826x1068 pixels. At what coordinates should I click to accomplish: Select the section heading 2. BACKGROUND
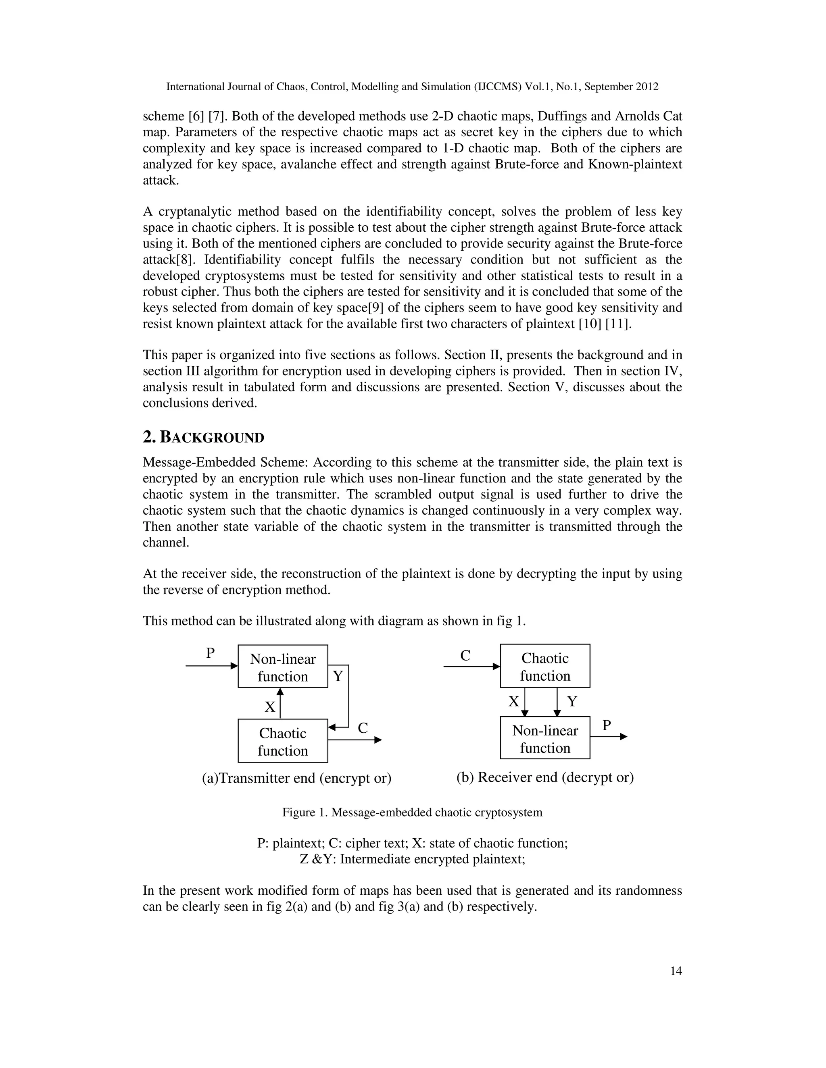tap(203, 437)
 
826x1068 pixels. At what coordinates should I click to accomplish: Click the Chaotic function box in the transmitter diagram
tap(283, 741)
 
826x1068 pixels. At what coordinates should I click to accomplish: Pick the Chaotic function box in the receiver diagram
tap(544, 667)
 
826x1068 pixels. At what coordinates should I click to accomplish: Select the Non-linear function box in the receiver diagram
tap(544, 738)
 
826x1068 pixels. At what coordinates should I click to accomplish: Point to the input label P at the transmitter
tap(211, 653)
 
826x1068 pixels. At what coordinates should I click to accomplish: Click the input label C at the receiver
tap(465, 656)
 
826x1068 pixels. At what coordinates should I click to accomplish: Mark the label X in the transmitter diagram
tap(270, 706)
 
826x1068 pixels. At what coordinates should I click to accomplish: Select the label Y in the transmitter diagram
tap(338, 676)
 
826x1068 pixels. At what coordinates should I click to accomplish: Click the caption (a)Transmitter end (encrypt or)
tap(296, 778)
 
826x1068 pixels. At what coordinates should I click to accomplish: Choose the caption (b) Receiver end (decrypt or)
tap(544, 777)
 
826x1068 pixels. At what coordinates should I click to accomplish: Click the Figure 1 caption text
tap(412, 812)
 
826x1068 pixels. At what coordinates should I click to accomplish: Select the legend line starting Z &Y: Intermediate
tap(412, 859)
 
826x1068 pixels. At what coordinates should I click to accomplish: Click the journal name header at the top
tap(412, 87)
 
